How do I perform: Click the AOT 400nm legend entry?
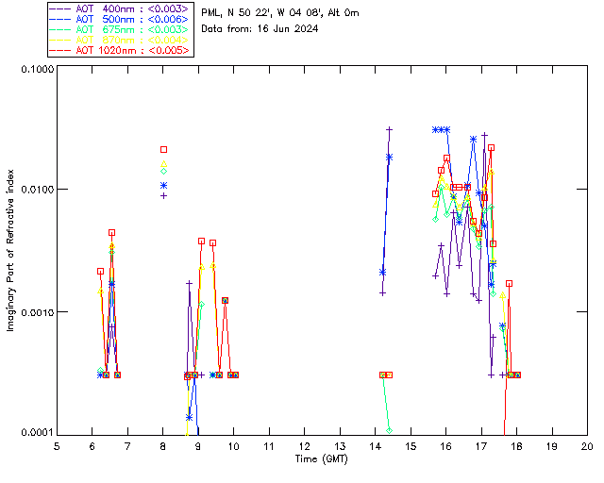coord(111,8)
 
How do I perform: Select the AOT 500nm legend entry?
coord(111,19)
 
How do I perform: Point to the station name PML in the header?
coord(213,13)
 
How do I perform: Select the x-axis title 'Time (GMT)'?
coord(322,459)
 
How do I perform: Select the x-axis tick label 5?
coord(58,445)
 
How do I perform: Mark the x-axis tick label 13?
coord(340,445)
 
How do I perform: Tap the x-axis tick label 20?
coord(587,445)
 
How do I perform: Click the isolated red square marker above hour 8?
coord(163,149)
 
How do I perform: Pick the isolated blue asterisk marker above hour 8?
coord(163,186)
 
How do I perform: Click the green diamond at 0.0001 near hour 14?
coord(389,430)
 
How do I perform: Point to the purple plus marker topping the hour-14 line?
coord(389,129)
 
